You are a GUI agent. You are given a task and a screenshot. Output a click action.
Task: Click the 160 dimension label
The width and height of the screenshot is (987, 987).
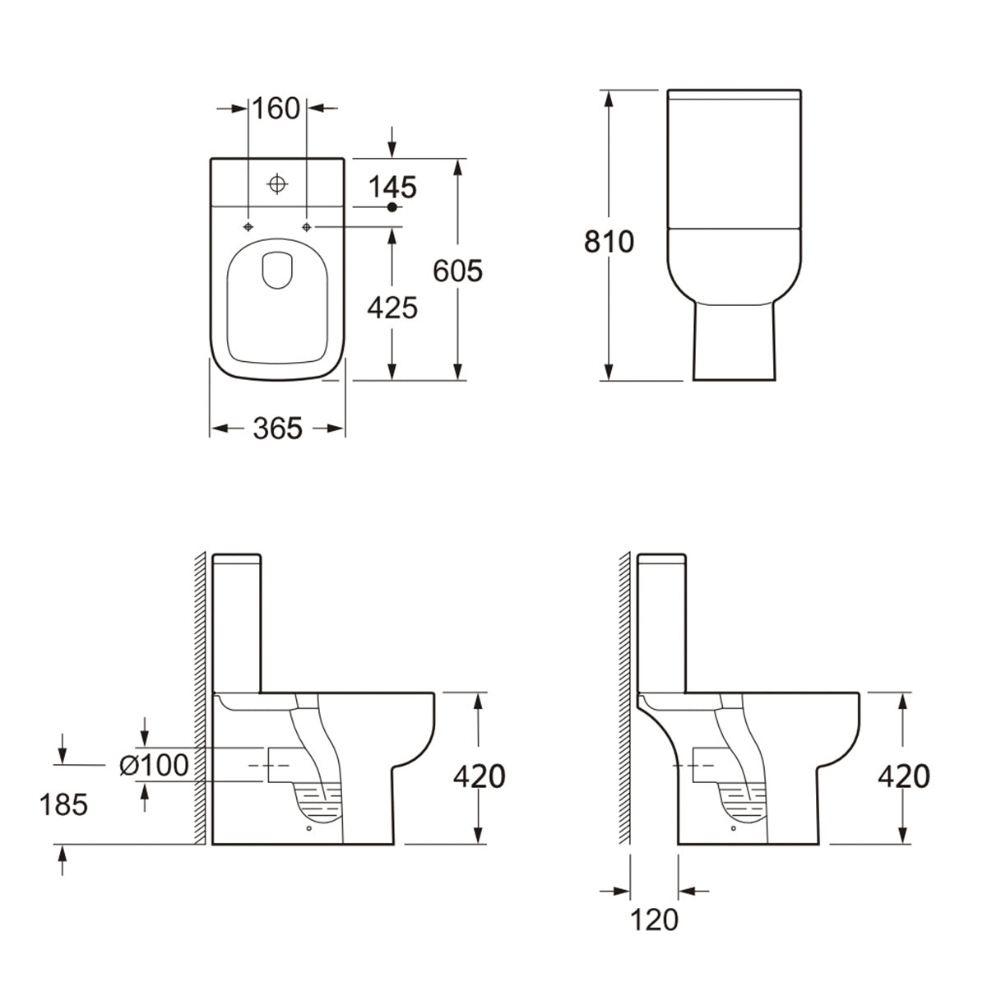[x=277, y=108]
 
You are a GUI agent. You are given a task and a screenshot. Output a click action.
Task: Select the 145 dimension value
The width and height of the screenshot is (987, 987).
[x=392, y=188]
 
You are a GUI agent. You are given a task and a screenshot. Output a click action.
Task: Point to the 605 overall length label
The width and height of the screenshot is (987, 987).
[x=457, y=270]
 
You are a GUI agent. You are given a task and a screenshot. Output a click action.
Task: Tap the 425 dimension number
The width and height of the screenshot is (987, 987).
[x=392, y=308]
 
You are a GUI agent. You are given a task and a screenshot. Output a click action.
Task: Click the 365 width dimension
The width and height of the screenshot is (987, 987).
[x=277, y=428]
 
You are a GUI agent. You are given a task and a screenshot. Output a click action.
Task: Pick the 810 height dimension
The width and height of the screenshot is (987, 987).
[x=609, y=242]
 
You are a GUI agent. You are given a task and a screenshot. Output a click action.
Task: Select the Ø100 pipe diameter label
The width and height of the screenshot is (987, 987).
[x=155, y=765]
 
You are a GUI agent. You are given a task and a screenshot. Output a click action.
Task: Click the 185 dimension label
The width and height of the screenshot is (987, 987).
[x=63, y=804]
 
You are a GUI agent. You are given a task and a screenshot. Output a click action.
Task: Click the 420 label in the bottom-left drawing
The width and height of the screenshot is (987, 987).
[x=479, y=776]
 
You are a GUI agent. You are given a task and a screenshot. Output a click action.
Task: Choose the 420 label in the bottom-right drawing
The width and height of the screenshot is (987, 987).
[x=903, y=776]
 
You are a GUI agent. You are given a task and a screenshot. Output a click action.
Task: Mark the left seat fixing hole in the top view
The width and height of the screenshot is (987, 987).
[x=248, y=226]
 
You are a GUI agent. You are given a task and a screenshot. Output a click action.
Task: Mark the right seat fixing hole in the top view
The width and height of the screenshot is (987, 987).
[x=307, y=226]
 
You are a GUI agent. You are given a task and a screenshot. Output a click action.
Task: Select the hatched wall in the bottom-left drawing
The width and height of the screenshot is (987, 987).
[x=199, y=699]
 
